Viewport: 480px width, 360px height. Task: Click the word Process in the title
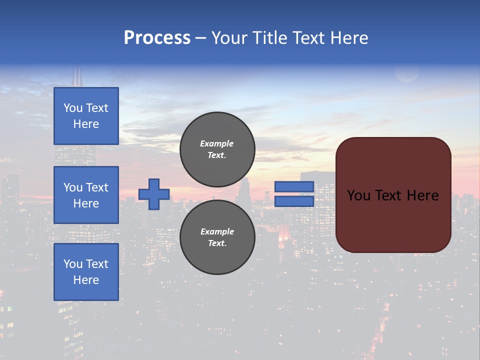point(157,38)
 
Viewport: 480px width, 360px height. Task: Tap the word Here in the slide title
point(348,38)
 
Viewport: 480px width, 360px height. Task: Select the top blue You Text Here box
point(86,116)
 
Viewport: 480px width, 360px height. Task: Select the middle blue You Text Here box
point(86,195)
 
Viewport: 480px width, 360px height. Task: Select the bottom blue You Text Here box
point(86,272)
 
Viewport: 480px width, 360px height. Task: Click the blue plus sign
point(154,194)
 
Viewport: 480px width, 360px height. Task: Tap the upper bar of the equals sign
point(294,186)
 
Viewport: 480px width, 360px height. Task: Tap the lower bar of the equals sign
point(294,201)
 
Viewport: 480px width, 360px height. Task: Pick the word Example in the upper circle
point(216,143)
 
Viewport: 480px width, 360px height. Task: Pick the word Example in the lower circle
point(217,231)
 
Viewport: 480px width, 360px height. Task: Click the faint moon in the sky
point(406,73)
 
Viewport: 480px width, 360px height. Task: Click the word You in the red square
point(358,195)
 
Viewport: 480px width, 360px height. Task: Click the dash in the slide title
point(200,38)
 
